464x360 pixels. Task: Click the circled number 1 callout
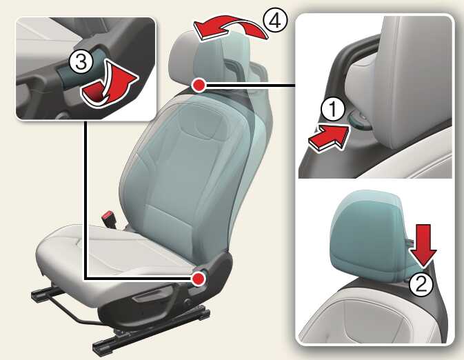click(333, 109)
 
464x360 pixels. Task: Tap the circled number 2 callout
click(421, 284)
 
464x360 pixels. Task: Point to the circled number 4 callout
click(274, 20)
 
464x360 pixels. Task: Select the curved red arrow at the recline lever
click(109, 85)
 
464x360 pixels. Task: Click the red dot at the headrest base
click(199, 86)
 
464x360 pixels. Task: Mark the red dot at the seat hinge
click(199, 279)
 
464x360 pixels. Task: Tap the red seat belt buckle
click(108, 218)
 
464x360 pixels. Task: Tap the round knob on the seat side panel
click(188, 302)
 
